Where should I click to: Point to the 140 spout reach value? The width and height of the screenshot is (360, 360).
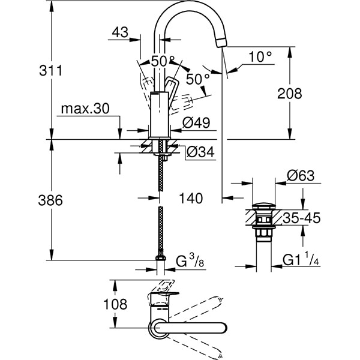click(x=190, y=198)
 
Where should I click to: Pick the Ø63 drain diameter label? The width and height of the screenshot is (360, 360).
click(x=299, y=176)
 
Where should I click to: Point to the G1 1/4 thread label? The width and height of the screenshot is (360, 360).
click(x=301, y=261)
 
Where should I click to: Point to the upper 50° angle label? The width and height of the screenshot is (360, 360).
click(x=163, y=61)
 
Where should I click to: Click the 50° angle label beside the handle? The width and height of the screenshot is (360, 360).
click(x=197, y=79)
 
